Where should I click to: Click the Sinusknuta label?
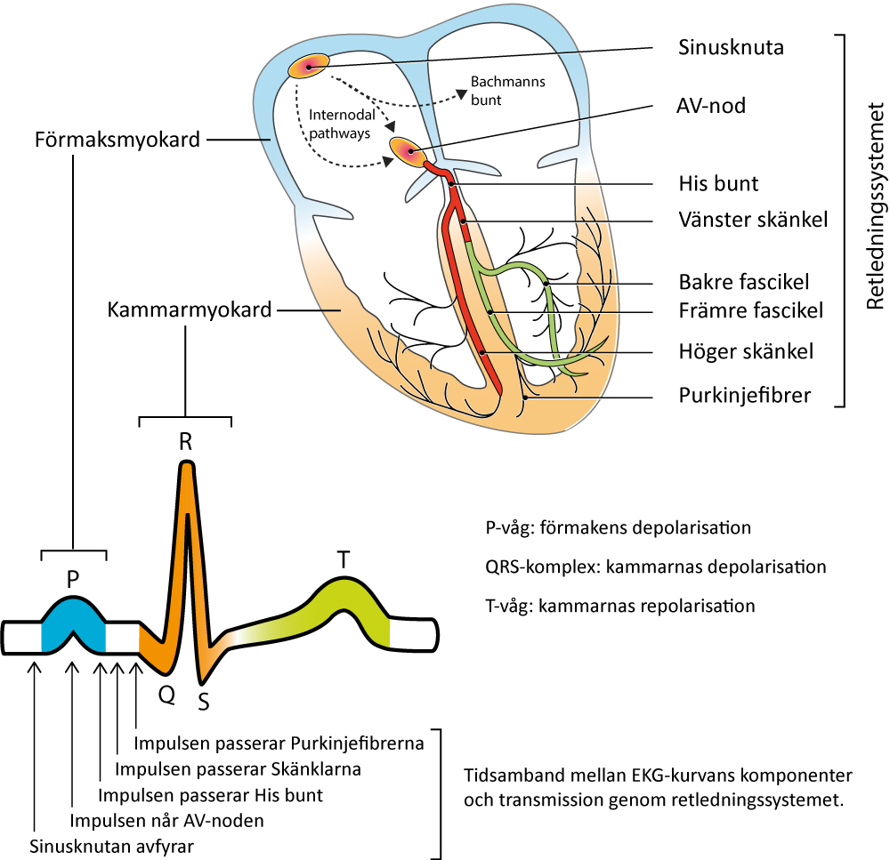[731, 47]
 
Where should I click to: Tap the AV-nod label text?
[710, 106]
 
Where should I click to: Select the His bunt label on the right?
[718, 183]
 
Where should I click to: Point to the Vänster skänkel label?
[753, 220]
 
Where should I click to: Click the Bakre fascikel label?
[743, 282]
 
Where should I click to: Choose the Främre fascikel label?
[751, 310]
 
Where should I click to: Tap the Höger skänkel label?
[746, 351]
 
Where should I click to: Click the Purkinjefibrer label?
[745, 395]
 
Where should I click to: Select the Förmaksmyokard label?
[117, 140]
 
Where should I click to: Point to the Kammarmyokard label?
[190, 309]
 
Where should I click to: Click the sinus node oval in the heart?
[308, 67]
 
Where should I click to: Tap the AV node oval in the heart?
[408, 152]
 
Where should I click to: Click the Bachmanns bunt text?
[507, 91]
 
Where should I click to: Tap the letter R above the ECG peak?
[186, 441]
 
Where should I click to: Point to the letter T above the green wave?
[343, 560]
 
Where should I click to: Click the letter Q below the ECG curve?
[167, 694]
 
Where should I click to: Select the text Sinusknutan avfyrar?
[112, 847]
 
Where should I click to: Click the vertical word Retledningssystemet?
[876, 206]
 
